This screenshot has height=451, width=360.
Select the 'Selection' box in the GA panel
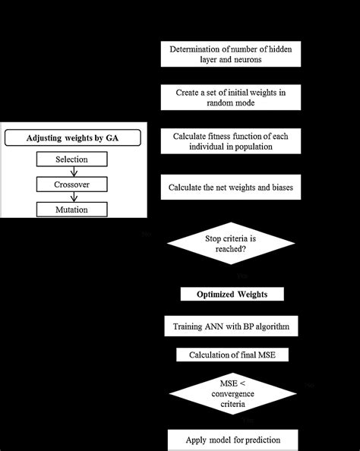[x=72, y=159]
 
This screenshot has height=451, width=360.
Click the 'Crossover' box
[x=72, y=184]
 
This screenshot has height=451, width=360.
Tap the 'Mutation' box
[x=72, y=210]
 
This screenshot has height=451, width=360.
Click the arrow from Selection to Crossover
[x=72, y=172]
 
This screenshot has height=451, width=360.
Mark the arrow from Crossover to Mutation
[x=72, y=197]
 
